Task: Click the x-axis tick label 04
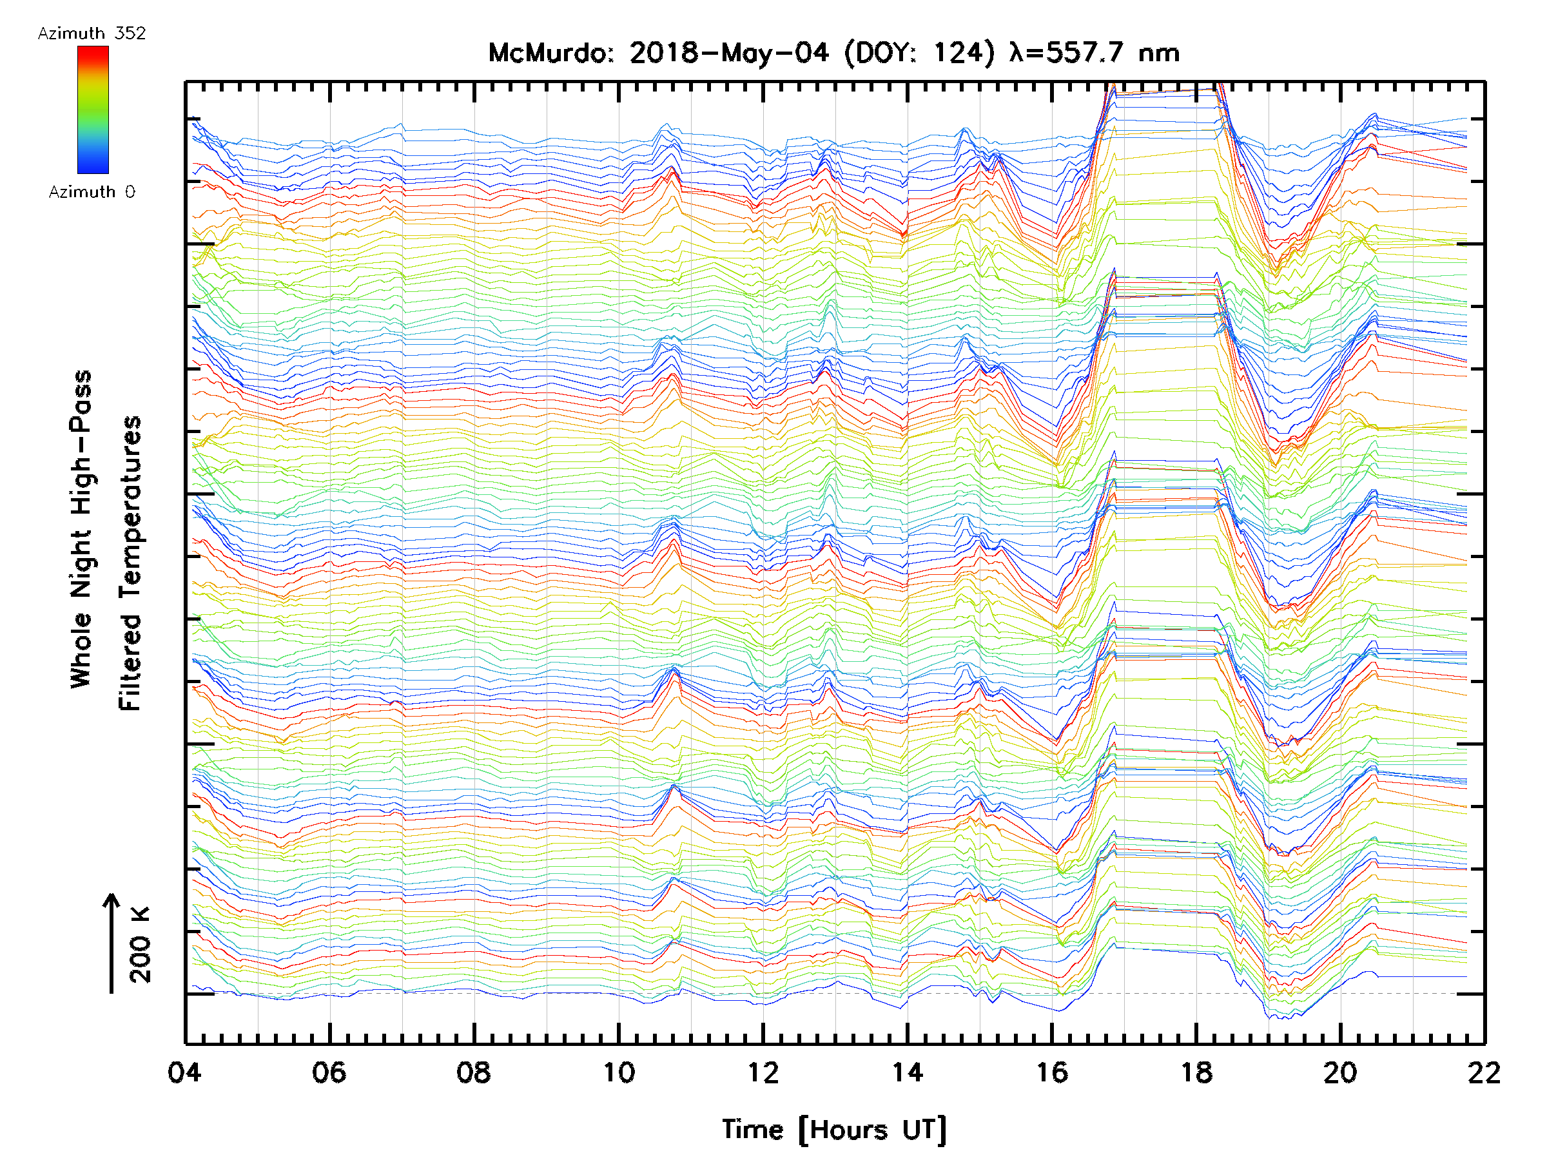pos(184,1072)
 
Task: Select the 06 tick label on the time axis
pos(329,1072)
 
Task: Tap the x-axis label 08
pos(474,1072)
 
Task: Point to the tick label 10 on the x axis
pos(618,1072)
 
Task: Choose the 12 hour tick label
pos(763,1072)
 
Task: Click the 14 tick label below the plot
pos(907,1072)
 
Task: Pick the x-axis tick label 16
pos(1052,1072)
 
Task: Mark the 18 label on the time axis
pos(1196,1072)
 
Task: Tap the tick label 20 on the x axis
pos(1341,1072)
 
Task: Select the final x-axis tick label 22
pos(1484,1072)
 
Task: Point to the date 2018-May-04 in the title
pos(729,53)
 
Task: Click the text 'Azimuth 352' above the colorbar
pos(92,34)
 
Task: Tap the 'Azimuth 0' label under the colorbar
pos(92,191)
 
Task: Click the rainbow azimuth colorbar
pos(93,110)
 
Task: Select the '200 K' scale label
pos(140,945)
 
